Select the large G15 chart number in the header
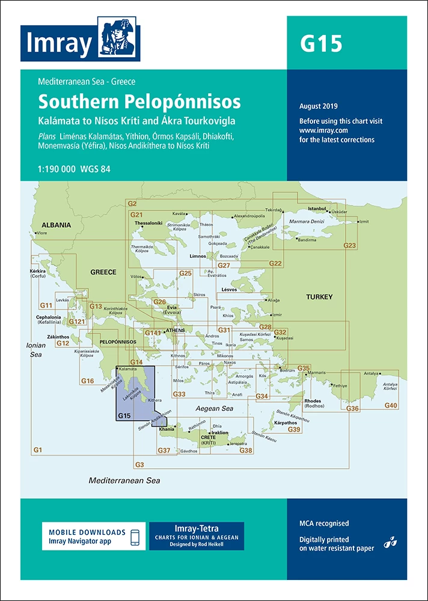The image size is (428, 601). (x=321, y=44)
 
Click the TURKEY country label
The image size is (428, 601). (x=319, y=297)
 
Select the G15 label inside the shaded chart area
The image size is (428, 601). (x=124, y=416)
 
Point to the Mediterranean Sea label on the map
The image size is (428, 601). (x=124, y=480)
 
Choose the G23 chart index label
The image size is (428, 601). (x=349, y=245)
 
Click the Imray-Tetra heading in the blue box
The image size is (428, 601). (x=196, y=527)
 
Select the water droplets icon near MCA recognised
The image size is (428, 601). (x=391, y=539)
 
